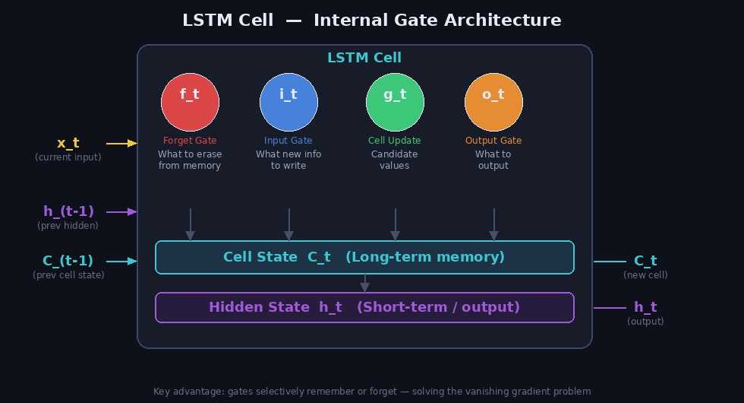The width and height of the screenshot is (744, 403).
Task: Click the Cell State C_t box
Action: tap(364, 257)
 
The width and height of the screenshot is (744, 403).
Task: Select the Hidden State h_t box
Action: tap(364, 307)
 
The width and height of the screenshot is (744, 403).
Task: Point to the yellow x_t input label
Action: tap(68, 143)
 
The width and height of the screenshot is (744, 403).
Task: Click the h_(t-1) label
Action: tap(68, 211)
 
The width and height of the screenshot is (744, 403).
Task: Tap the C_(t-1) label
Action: tap(68, 262)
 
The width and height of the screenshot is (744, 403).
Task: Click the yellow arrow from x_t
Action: tap(121, 143)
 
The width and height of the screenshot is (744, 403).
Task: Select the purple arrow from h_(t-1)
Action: tap(121, 211)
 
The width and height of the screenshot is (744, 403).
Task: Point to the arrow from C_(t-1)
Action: tap(121, 262)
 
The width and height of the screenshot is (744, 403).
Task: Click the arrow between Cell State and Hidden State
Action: tap(364, 283)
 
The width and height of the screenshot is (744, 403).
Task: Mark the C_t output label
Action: tap(645, 262)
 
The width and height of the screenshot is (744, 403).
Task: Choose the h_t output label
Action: tap(645, 307)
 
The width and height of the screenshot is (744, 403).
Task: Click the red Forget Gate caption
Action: tap(190, 141)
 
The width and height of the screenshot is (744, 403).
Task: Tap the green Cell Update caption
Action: tap(395, 141)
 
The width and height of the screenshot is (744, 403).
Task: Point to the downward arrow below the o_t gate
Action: tap(493, 224)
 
